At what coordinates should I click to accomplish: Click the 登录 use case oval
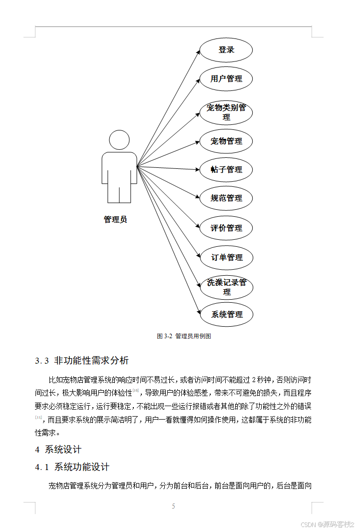[226, 50]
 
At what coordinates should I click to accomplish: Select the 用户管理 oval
[226, 79]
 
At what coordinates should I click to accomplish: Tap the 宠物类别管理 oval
[226, 112]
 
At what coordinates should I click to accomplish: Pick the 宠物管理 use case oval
[226, 141]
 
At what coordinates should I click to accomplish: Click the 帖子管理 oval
[226, 170]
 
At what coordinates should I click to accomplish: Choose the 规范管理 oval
[226, 198]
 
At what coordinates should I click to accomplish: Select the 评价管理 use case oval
[226, 228]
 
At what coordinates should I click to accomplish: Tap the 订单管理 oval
[226, 258]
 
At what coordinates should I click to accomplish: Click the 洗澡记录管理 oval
[227, 287]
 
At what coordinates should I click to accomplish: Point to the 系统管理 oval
[227, 315]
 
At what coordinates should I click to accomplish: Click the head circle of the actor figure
[119, 140]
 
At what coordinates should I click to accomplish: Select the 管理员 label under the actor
[115, 219]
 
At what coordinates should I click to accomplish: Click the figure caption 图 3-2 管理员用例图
[184, 336]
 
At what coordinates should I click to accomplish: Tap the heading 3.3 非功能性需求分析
[82, 361]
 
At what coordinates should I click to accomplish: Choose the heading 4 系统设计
[58, 450]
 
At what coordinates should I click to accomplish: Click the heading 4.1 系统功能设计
[72, 467]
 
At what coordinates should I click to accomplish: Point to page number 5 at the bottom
[174, 507]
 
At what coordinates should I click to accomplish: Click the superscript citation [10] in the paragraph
[136, 390]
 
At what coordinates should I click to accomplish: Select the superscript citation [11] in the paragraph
[39, 417]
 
